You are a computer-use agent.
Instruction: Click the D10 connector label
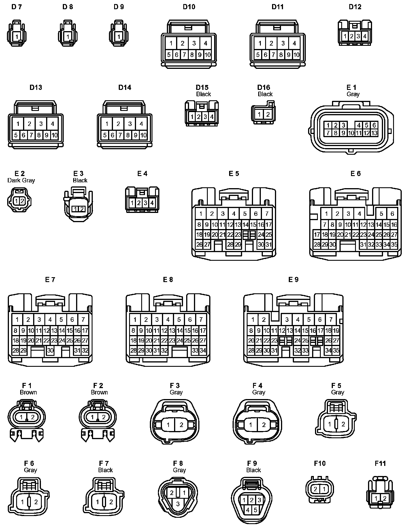coord(189,7)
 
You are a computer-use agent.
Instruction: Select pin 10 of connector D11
coord(296,55)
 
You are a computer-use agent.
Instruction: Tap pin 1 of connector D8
coord(68,37)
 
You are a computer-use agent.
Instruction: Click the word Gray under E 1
coord(353,94)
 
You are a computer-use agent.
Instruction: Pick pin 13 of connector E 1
coord(374,133)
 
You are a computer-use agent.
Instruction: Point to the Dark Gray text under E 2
coord(21,180)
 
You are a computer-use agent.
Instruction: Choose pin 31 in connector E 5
coord(269,244)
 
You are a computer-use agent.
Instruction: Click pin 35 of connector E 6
coord(394,244)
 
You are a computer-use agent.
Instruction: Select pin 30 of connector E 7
coord(50,350)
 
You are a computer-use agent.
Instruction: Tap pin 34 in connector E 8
coord(203,350)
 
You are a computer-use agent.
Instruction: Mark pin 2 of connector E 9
coord(264,319)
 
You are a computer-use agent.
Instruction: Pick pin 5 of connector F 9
coord(255,510)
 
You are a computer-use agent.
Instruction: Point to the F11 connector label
coord(380,463)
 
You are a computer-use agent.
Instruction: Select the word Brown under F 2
coord(99,392)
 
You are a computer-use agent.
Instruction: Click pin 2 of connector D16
coord(268,114)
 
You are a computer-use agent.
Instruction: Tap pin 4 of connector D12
coord(365,36)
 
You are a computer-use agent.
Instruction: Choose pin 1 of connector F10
coord(324,489)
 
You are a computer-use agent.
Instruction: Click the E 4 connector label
coord(142,173)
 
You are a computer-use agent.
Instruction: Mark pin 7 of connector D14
coord(120,135)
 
